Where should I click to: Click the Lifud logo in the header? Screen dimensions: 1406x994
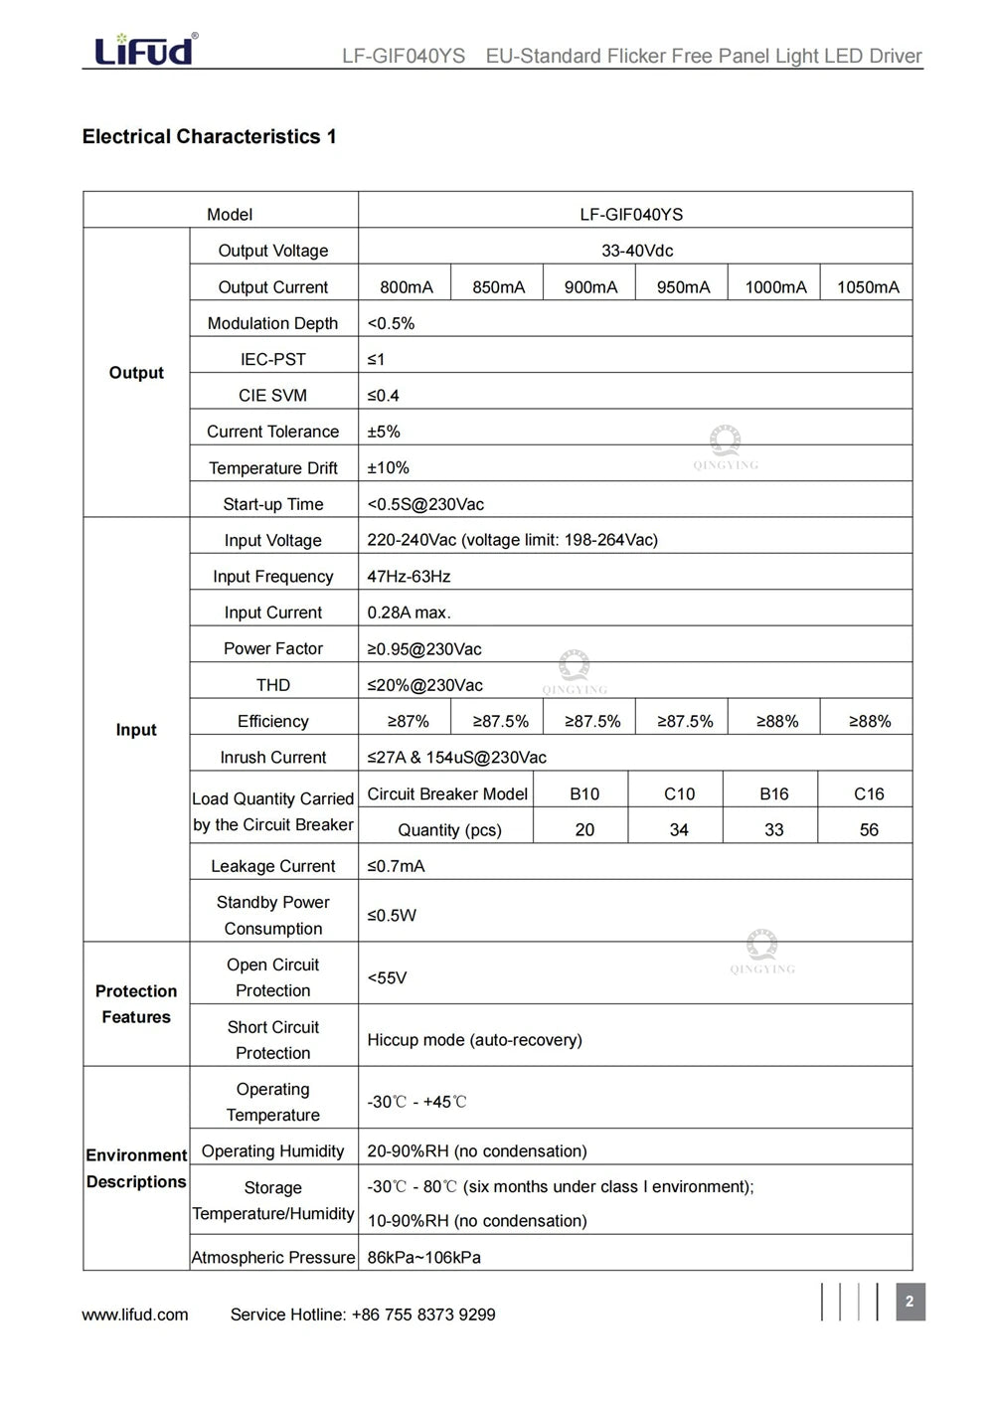coord(145,49)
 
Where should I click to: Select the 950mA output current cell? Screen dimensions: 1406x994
coord(683,287)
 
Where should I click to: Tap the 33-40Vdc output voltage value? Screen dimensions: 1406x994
coord(636,251)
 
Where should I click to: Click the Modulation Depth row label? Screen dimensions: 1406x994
coord(272,323)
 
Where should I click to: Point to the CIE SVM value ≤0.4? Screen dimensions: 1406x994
coord(384,396)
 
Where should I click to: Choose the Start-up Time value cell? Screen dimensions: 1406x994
coord(425,504)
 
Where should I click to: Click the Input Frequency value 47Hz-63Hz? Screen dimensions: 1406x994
coord(409,577)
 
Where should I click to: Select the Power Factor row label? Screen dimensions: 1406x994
coord(272,648)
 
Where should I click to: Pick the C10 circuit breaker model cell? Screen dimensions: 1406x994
coord(679,793)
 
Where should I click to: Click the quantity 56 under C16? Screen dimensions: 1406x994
coord(868,829)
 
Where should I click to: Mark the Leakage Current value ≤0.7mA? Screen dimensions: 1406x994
coord(396,866)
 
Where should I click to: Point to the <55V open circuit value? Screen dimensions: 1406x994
coord(387,977)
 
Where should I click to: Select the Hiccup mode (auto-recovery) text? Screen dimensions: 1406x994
coord(474,1040)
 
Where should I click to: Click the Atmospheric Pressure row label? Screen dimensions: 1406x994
coord(272,1257)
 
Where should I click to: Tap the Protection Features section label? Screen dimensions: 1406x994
coord(136,1004)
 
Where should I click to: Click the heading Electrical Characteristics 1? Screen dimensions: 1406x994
coord(209,137)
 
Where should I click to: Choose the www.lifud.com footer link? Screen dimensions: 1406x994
coord(135,1315)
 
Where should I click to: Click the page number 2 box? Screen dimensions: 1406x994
coord(910,1302)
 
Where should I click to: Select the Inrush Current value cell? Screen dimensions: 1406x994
coord(456,758)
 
